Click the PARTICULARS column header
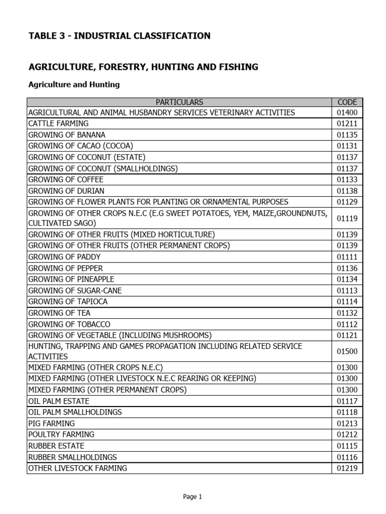179,102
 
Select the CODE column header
347,102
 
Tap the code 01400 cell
347,112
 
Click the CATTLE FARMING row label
58,123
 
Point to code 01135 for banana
347,135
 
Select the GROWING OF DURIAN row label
66,191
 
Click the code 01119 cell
347,218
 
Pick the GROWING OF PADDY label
64,256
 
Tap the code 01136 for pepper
347,268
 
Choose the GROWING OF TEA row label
59,313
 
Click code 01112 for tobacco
347,324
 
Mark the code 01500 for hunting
347,351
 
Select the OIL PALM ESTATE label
59,401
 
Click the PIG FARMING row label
51,424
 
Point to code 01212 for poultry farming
347,435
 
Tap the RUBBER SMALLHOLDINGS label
72,457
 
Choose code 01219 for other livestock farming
347,468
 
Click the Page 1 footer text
192,497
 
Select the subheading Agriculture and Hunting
74,84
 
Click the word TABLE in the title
44,36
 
